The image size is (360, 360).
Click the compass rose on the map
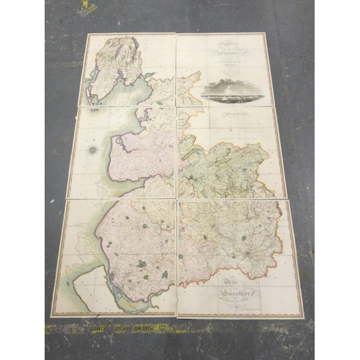point(93,150)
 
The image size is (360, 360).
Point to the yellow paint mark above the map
point(87,8)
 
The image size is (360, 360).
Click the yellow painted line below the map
point(144,328)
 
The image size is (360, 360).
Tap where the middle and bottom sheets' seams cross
point(176,199)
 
